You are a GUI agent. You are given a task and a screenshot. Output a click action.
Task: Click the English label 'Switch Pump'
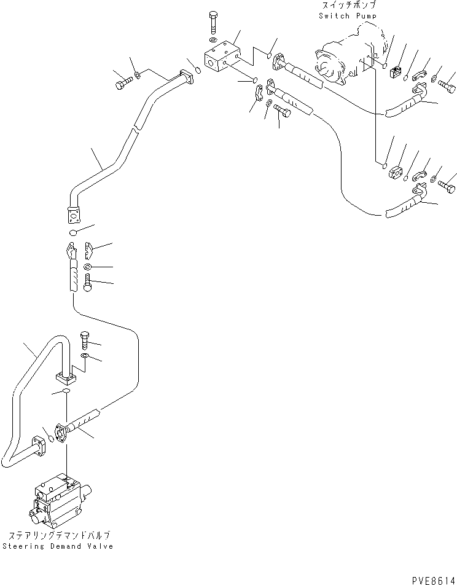tap(347, 15)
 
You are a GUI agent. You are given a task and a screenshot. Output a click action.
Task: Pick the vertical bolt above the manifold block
tap(213, 22)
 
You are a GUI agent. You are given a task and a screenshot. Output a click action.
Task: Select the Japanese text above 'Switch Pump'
tap(347, 6)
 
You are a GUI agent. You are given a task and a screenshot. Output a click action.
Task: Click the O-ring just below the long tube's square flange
tap(72, 233)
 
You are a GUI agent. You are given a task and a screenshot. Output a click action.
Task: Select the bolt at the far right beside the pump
tap(447, 85)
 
